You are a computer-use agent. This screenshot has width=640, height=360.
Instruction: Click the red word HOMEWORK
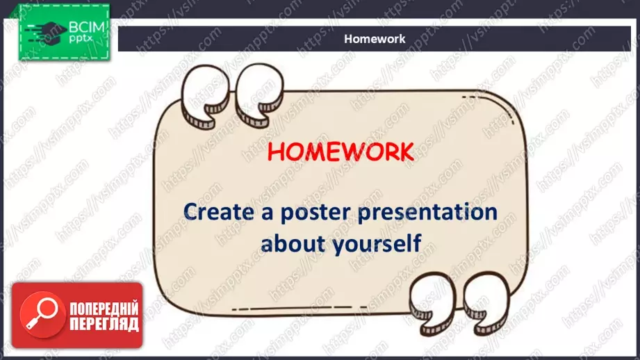pos(340,152)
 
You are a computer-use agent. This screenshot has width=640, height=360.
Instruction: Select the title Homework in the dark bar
pos(375,39)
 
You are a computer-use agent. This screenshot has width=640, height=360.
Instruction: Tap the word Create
pos(219,212)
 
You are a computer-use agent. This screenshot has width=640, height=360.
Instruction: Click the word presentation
pos(428,213)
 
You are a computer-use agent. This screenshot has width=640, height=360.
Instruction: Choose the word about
pos(293,243)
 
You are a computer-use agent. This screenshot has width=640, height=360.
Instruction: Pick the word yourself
pos(377,244)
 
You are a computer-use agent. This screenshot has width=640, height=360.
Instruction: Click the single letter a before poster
pos(268,214)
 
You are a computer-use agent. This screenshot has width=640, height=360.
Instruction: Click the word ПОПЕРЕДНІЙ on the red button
pos(104,309)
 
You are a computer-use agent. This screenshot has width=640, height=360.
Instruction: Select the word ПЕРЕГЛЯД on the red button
pos(104,324)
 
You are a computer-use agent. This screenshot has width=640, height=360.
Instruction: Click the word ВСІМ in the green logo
pos(87,27)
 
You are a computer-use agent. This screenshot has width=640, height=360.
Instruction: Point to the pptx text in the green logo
pos(81,39)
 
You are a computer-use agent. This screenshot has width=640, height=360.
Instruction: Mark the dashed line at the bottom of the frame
pos(300,308)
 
